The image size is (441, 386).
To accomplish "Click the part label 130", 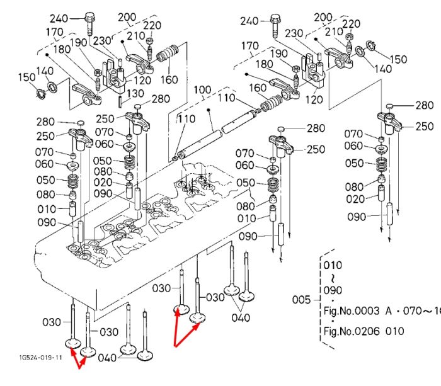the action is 135,94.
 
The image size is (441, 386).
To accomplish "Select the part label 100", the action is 202,90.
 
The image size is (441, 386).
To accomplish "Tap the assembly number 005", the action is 301,300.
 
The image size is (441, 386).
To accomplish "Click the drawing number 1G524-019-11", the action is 40,357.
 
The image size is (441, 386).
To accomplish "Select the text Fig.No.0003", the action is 352,311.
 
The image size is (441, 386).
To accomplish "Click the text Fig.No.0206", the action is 352,331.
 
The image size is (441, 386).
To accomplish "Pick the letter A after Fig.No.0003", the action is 389,311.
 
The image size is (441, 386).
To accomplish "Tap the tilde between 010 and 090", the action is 333,278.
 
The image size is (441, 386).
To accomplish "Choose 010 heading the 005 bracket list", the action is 333,265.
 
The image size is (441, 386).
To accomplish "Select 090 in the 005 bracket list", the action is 333,290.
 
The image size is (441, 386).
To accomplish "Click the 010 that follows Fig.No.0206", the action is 394,331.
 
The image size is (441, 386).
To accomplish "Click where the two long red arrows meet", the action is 175,346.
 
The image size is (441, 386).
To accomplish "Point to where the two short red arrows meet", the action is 79,368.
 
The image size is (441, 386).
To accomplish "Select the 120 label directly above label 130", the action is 142,81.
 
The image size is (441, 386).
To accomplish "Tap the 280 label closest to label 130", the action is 161,99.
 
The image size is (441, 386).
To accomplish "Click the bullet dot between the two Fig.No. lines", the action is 333,321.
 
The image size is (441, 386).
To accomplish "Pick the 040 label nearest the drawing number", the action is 107,358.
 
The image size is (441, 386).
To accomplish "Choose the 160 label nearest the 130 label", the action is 169,80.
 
